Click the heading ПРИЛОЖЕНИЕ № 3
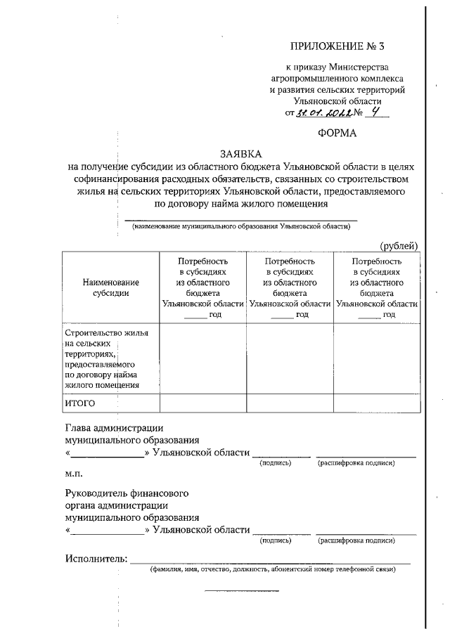coord(338,47)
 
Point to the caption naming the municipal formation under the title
coord(241,226)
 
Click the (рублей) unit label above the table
coord(399,245)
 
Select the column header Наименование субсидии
coord(110,287)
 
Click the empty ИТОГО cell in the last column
coord(376,403)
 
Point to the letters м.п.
coord(74,473)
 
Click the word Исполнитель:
coord(96,559)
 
